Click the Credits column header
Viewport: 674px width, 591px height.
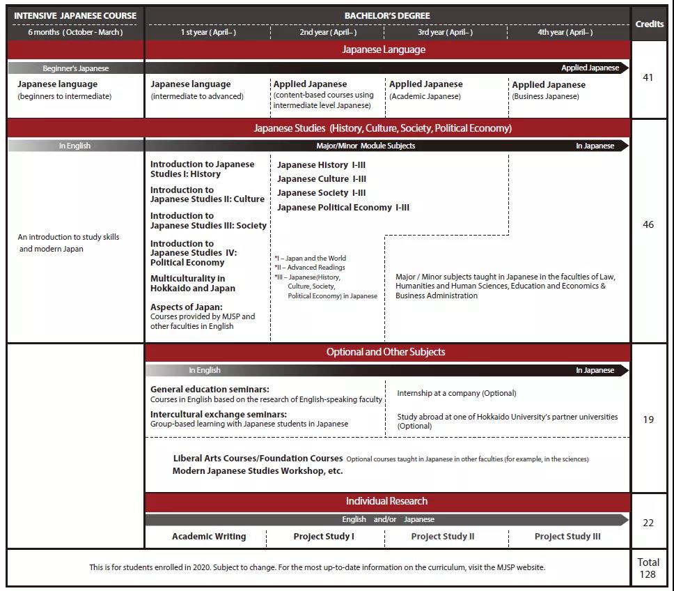tap(649, 24)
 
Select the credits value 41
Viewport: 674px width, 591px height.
tap(648, 77)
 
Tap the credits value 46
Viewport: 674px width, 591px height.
tap(648, 224)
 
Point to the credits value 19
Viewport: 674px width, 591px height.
tap(648, 420)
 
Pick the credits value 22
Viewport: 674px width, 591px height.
tap(648, 523)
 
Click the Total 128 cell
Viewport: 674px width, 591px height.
tap(648, 568)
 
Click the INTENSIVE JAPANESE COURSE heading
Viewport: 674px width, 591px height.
tap(75, 15)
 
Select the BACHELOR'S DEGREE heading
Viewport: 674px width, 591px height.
tap(387, 15)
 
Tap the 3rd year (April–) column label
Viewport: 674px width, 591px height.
tap(445, 32)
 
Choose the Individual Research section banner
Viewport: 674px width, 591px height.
tap(387, 501)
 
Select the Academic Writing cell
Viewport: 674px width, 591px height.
tap(209, 537)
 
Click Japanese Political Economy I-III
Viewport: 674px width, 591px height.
tap(343, 208)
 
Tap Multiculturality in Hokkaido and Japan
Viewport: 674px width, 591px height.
tap(193, 284)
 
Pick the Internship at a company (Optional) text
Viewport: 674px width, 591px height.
tap(457, 393)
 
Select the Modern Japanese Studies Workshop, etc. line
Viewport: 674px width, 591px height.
tap(258, 471)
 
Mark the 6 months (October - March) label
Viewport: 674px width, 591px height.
tap(75, 32)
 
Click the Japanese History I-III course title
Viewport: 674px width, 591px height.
tap(321, 165)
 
